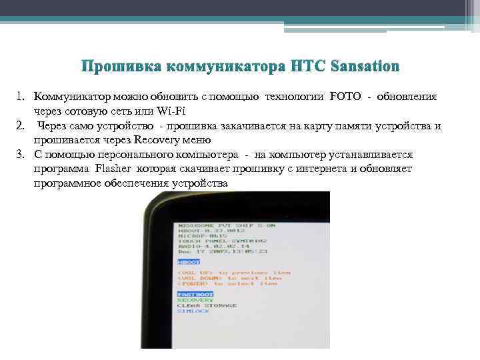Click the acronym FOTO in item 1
coord(345,97)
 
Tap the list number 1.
coord(20,97)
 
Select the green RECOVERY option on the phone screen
coord(195,300)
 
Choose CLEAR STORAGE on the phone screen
coord(207,305)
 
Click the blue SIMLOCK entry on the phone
coord(193,311)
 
